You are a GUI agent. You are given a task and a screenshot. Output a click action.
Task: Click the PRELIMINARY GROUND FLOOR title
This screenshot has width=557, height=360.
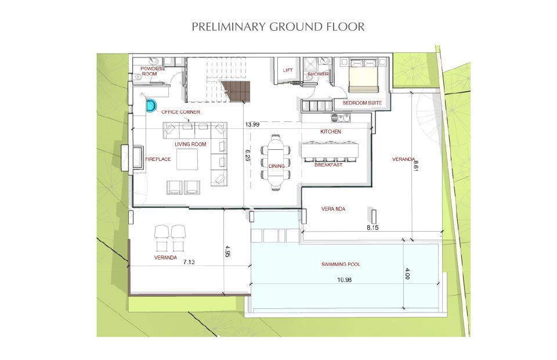coord(278,27)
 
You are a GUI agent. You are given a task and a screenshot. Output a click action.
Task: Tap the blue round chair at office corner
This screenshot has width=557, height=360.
coord(151,106)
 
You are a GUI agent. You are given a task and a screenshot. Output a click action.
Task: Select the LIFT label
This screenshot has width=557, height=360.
coord(288,70)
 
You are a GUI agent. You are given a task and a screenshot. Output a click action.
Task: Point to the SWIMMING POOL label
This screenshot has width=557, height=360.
coord(341,264)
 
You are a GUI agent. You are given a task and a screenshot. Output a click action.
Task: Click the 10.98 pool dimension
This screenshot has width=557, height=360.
coord(344,280)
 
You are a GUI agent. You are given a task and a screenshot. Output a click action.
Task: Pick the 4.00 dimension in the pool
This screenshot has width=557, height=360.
coord(407,273)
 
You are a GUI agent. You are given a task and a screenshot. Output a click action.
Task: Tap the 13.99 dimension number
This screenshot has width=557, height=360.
coord(252,124)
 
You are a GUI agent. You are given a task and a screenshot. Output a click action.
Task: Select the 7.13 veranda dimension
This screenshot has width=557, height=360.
coord(189,262)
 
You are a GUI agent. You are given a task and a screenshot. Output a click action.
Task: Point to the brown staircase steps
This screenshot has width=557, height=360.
coord(236,91)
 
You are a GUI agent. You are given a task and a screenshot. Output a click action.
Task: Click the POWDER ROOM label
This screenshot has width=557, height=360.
coord(151,71)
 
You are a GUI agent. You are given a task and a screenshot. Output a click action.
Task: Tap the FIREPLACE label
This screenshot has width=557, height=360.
coord(158,159)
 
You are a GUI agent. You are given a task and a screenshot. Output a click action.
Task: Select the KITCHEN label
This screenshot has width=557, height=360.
coord(331,131)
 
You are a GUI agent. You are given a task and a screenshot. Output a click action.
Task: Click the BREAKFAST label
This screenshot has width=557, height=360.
coord(328,165)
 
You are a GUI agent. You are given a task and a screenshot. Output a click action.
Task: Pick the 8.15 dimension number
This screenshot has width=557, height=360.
coord(372,228)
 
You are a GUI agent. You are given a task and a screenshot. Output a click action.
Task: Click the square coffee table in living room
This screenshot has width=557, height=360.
coord(187,159)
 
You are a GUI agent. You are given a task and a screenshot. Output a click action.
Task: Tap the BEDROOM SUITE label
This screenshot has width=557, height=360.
coord(362,103)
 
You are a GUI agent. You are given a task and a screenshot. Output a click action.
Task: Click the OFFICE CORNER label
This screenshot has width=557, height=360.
coord(181,112)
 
